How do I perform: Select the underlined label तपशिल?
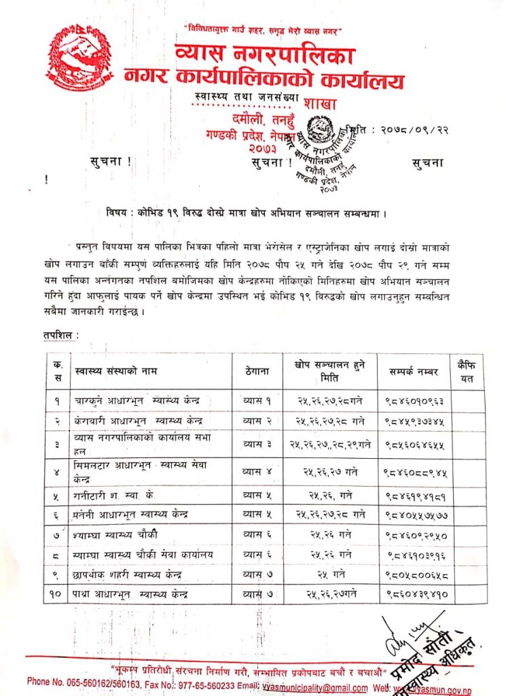pyautogui.click(x=60, y=335)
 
